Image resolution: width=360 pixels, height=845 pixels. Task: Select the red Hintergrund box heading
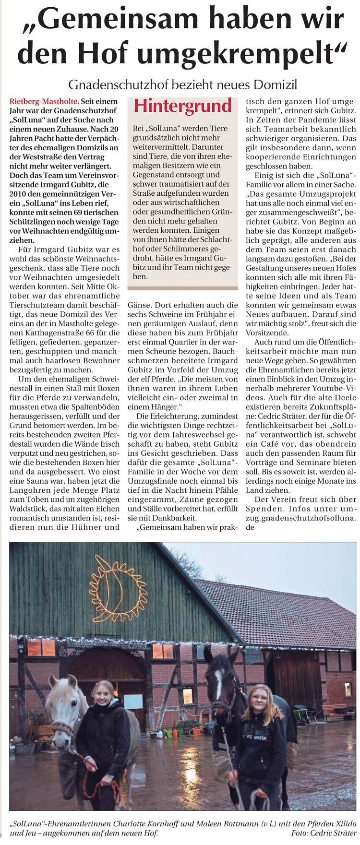point(183,106)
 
